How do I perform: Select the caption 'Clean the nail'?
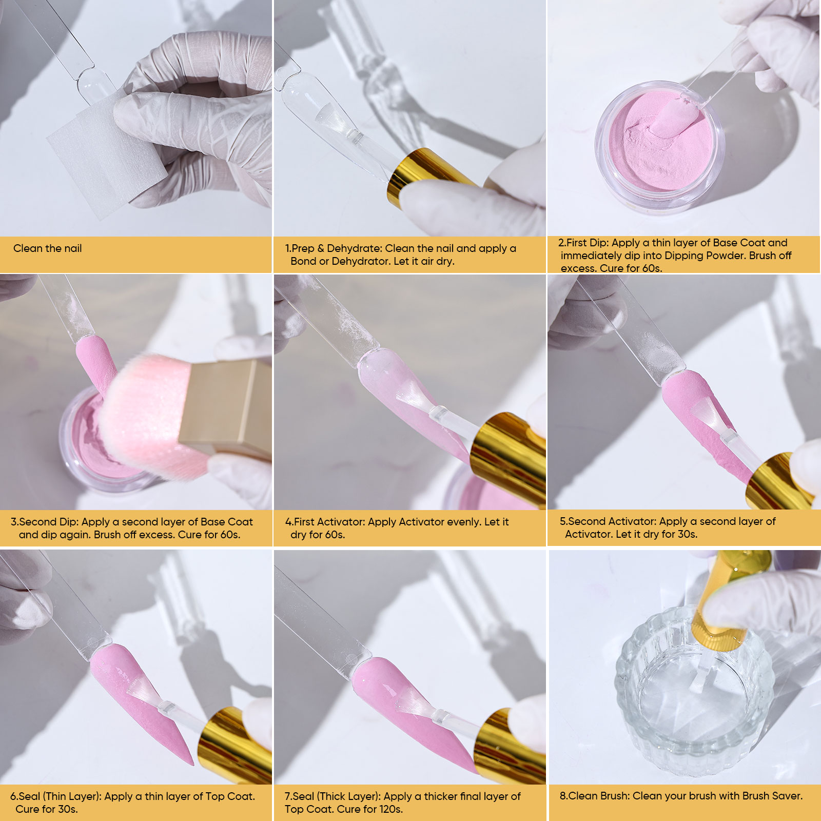tap(47, 248)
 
